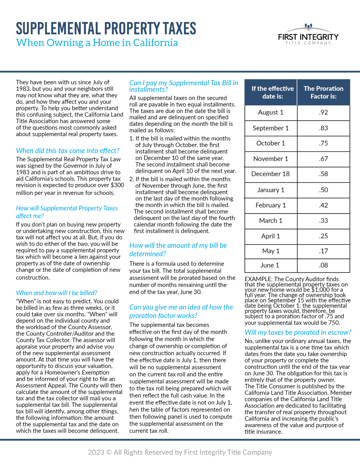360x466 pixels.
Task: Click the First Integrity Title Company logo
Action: tap(308, 35)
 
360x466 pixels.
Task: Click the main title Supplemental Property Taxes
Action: tap(106, 29)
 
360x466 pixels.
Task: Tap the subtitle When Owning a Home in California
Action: tap(97, 43)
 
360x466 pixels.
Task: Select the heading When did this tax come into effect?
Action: tap(68, 151)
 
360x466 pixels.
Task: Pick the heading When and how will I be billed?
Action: tap(56, 293)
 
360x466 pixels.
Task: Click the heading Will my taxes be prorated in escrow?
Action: tap(298, 333)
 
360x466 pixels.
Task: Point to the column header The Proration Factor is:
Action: tap(323, 93)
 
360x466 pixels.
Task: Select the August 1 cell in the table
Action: tap(271, 113)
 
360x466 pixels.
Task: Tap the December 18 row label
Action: tap(271, 174)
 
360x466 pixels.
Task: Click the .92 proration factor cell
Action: tap(323, 113)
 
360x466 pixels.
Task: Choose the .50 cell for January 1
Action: tap(323, 190)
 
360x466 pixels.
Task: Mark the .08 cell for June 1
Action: tap(323, 265)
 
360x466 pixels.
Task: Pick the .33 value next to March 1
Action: tap(323, 221)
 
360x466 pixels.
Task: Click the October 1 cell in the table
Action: tap(271, 144)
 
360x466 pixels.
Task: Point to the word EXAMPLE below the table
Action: tap(258, 279)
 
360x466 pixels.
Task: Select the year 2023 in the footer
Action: tap(96, 452)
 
